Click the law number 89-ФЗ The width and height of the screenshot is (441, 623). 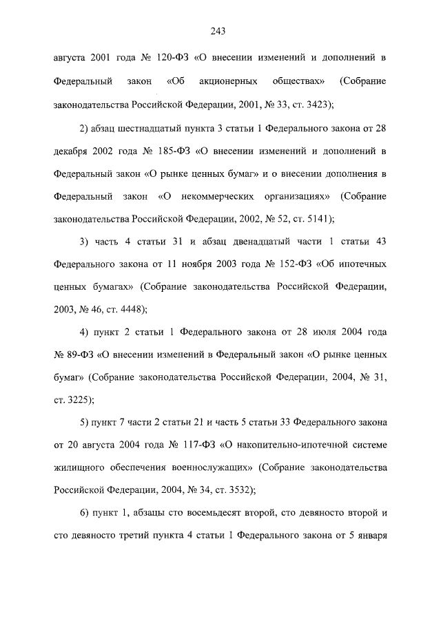tap(81, 355)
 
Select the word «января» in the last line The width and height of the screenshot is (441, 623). tap(371, 537)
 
